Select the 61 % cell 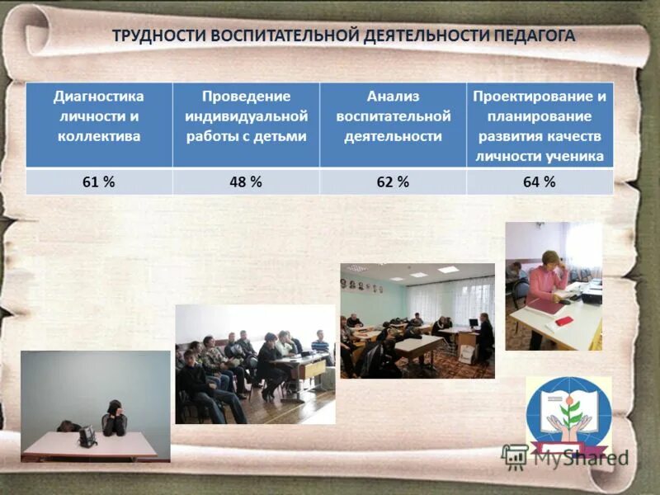(x=98, y=182)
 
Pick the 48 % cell (x=245, y=182)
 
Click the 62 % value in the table (x=392, y=182)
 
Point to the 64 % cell (x=539, y=182)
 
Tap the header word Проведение (x=246, y=97)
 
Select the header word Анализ (x=393, y=97)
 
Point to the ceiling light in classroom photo (x=448, y=270)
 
